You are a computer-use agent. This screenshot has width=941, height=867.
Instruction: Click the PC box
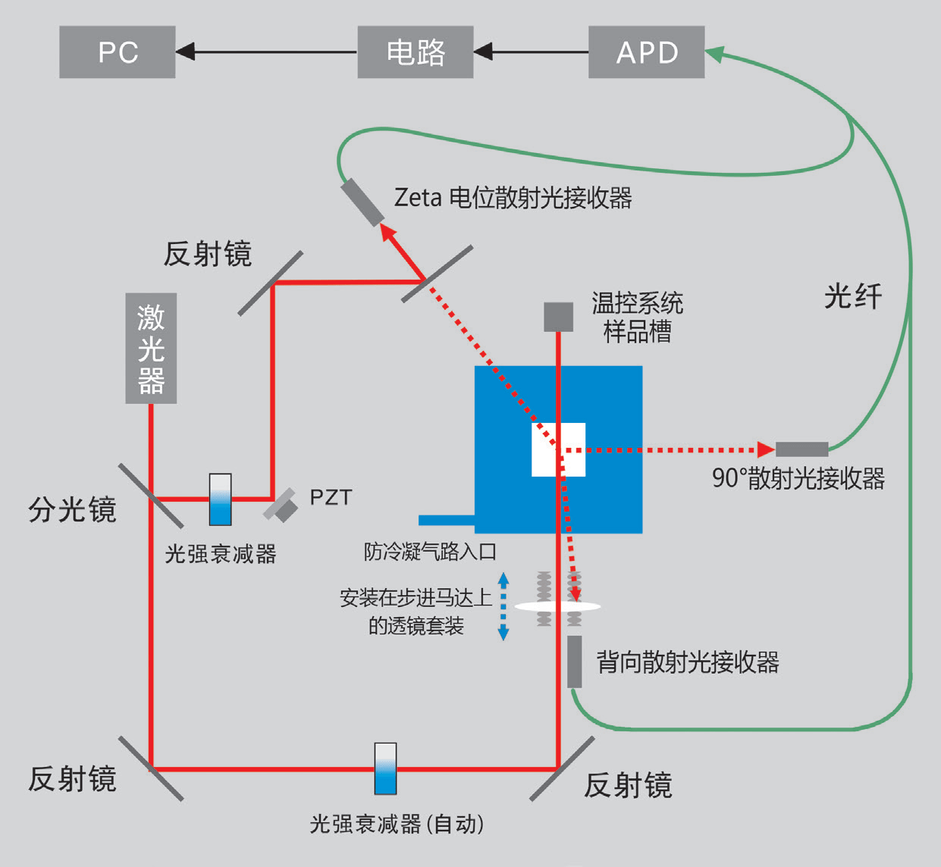[x=118, y=52]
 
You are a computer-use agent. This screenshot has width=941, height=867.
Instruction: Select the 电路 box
[x=416, y=52]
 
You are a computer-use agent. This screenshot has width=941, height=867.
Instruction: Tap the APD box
[x=646, y=52]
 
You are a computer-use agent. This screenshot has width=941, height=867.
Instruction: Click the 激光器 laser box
[x=151, y=349]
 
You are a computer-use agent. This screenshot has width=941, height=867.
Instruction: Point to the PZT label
[x=331, y=498]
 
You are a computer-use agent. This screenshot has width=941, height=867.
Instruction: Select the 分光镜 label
[x=72, y=510]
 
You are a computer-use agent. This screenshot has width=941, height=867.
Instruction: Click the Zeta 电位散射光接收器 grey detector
[x=362, y=202]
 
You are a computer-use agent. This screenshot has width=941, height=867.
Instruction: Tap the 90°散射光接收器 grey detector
[x=801, y=449]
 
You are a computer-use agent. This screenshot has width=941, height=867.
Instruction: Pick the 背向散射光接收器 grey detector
[x=575, y=662]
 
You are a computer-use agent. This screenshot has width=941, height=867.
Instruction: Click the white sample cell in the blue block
[x=558, y=449]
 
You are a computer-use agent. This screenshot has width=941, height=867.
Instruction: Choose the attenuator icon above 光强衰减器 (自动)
[x=385, y=768]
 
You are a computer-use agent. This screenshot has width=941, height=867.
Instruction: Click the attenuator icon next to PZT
[x=221, y=499]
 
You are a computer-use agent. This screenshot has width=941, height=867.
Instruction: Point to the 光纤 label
[x=853, y=296]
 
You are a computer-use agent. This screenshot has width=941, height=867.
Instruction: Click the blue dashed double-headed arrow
[x=503, y=606]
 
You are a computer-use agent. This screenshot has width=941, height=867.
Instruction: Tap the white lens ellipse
[x=558, y=606]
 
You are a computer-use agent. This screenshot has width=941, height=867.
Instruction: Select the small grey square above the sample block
[x=558, y=317]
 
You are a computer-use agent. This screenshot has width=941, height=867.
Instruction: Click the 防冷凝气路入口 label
[x=430, y=552]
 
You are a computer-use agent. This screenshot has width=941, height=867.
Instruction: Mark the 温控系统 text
[x=637, y=303]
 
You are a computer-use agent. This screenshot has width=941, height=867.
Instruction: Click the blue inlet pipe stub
[x=447, y=520]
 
